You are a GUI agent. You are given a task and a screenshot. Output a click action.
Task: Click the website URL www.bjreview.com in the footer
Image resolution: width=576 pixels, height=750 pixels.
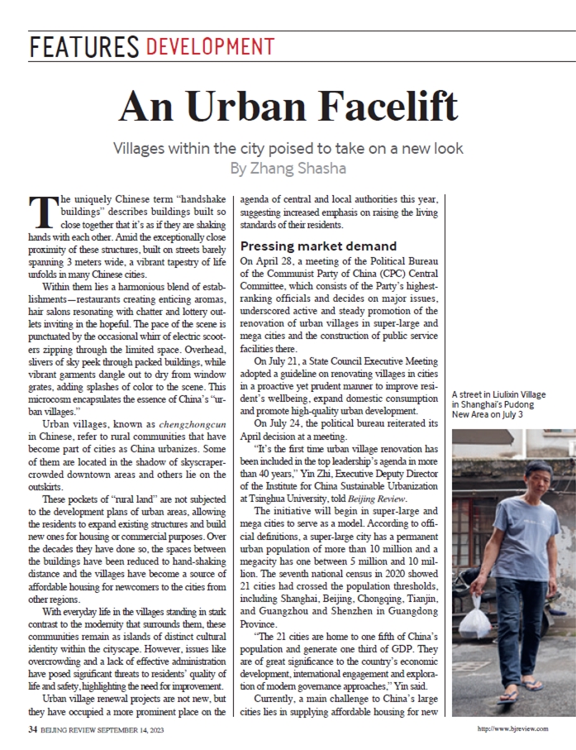(520, 729)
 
